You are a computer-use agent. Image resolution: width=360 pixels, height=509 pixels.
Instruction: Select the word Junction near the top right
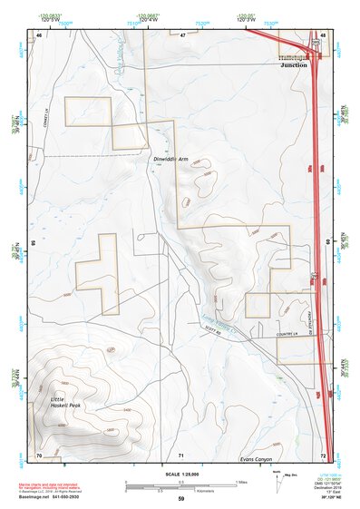[x=294, y=65]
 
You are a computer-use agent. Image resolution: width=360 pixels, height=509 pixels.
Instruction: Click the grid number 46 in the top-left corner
[x=39, y=34]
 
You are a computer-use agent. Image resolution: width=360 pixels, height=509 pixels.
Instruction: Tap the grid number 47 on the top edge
[x=181, y=34]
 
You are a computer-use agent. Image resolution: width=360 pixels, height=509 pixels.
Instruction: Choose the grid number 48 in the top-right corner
[x=323, y=34]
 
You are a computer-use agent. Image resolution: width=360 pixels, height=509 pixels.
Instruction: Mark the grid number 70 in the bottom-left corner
[x=39, y=454]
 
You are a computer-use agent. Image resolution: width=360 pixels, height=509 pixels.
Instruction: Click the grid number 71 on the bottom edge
[x=181, y=454]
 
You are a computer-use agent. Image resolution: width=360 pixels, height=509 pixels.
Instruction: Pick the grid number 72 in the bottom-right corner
[x=323, y=454]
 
